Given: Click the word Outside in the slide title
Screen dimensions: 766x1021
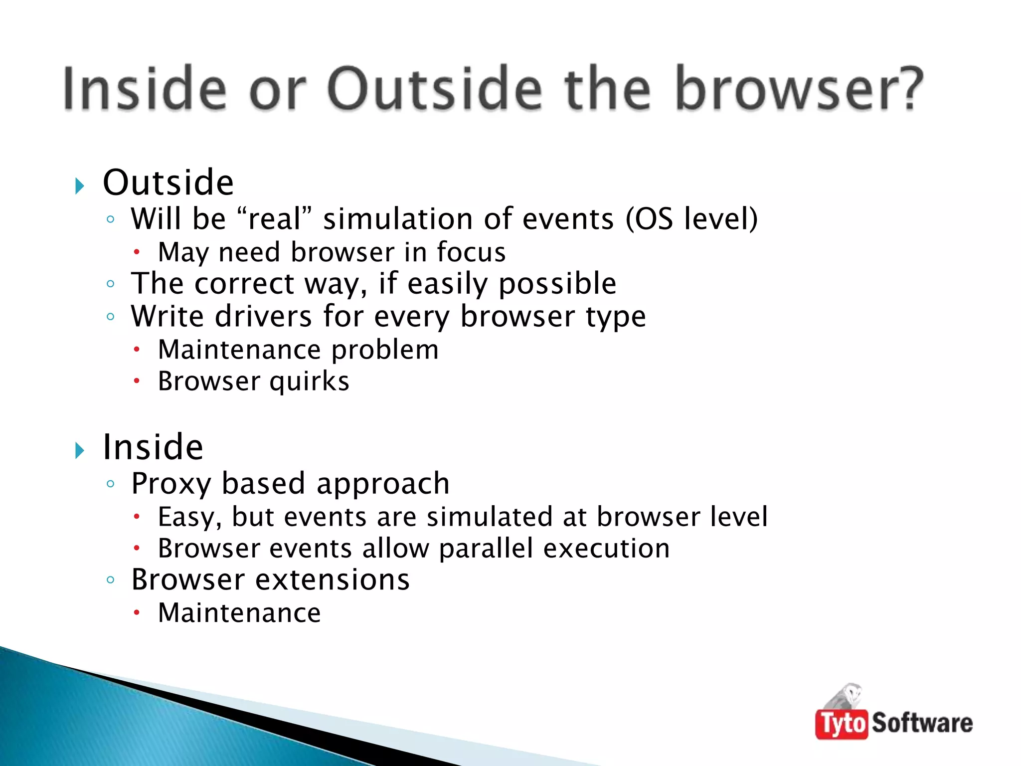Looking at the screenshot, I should tap(434, 89).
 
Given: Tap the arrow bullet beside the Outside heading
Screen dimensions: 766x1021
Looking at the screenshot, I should tap(80, 186).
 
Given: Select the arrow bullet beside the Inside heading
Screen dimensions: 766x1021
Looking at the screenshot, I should tap(80, 450).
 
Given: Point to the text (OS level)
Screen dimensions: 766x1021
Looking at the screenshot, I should tap(691, 219).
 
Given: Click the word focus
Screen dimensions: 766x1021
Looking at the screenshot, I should tap(471, 252).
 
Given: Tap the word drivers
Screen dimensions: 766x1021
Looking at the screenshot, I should tap(263, 317).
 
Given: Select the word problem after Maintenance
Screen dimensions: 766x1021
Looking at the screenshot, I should tap(385, 350).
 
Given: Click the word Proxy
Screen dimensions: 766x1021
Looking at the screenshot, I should tap(171, 484).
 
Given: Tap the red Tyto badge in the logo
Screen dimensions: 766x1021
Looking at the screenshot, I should tap(842, 724).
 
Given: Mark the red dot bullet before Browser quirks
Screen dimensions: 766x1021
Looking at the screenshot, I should tap(137, 382).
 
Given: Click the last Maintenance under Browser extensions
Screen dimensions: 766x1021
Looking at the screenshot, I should tap(239, 613).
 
